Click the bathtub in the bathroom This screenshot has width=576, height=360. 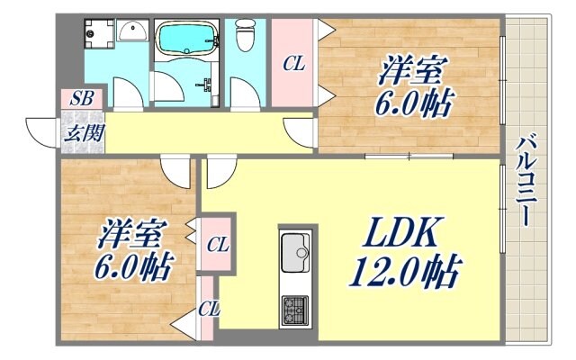(186, 40)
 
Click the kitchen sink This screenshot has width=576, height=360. (296, 251)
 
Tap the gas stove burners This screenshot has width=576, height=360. (295, 311)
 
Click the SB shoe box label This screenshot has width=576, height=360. (79, 98)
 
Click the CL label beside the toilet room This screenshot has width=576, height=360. (293, 63)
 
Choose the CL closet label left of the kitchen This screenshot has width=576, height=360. (216, 243)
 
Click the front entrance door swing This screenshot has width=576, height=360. (42, 130)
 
